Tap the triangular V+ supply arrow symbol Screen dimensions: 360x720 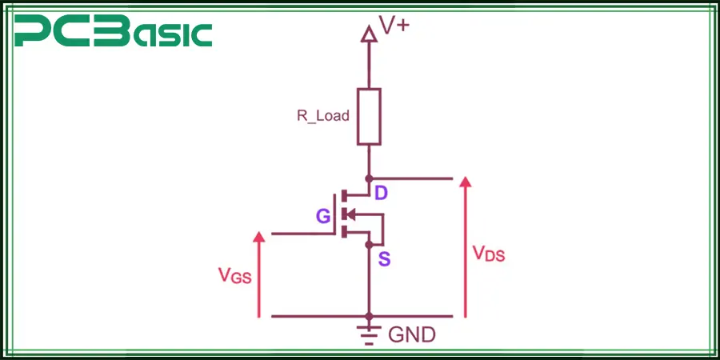369,33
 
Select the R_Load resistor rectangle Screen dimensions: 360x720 369,116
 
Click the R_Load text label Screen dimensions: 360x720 323,115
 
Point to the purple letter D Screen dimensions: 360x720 382,193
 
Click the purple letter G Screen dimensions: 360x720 323,216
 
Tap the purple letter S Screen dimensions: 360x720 384,259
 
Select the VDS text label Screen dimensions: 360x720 489,254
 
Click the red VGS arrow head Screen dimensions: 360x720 258,238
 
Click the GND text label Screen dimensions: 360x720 412,334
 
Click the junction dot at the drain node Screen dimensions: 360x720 369,178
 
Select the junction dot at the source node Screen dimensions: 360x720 369,243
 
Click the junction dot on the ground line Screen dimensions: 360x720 369,317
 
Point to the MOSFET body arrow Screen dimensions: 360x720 350,214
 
